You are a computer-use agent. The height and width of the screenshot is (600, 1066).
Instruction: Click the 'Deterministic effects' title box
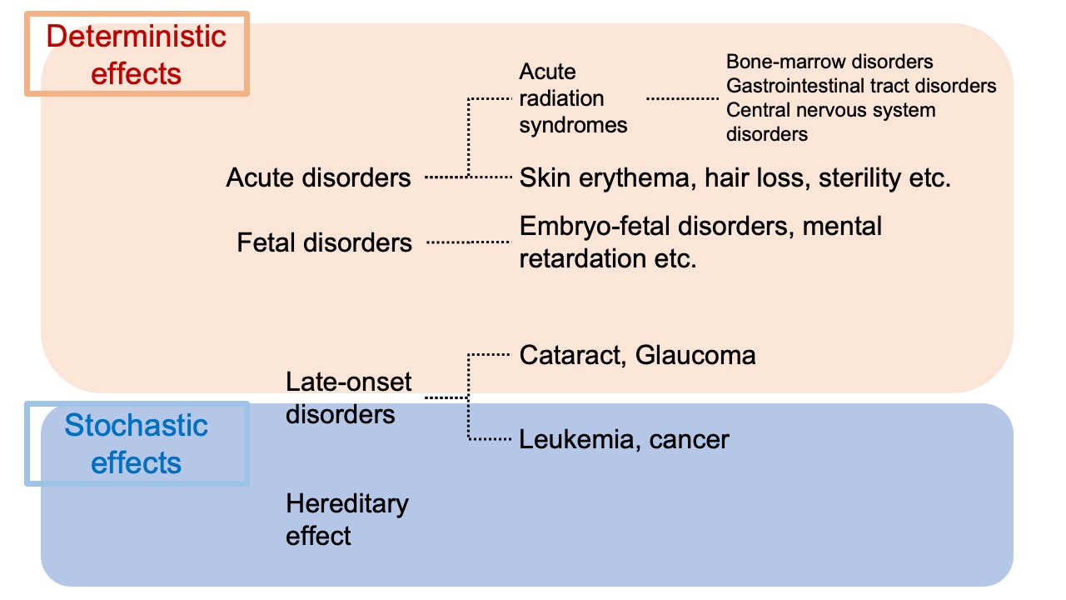(137, 54)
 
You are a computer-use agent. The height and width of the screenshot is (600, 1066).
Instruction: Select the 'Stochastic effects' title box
(137, 443)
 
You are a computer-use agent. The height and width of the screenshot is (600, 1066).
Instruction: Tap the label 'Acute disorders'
(318, 177)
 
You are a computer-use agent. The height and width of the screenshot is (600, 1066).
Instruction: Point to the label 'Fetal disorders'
(324, 242)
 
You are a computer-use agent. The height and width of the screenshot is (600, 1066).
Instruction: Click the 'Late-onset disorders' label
(348, 397)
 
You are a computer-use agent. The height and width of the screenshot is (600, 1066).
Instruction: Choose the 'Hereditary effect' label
(346, 519)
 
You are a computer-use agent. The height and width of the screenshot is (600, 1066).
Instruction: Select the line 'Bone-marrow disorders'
(829, 62)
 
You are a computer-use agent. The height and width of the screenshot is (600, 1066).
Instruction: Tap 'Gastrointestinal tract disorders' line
(861, 86)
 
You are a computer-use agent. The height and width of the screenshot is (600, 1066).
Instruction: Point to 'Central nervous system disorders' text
(830, 122)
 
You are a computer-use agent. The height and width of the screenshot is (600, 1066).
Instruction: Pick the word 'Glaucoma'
(695, 356)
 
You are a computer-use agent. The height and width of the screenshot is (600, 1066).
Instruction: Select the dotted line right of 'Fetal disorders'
(467, 242)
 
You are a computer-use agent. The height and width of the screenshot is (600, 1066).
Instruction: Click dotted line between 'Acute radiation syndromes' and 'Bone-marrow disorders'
(682, 98)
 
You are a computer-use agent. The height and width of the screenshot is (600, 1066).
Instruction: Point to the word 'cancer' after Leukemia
(690, 439)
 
